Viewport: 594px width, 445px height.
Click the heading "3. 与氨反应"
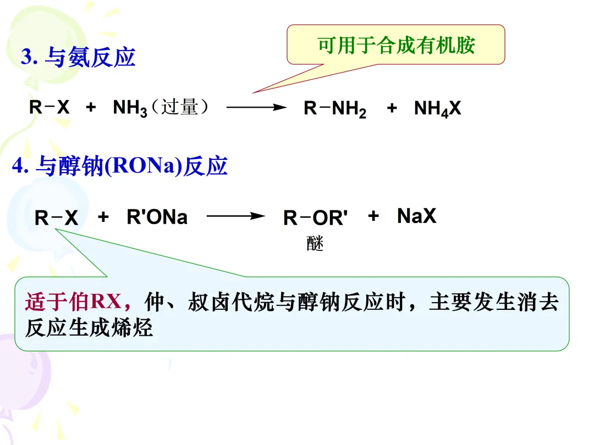(x=78, y=57)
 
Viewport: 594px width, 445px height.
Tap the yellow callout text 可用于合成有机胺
(x=396, y=44)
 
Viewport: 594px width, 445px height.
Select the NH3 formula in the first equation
(x=130, y=108)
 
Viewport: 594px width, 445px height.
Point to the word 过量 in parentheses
(x=180, y=107)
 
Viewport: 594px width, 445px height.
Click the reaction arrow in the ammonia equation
(x=256, y=108)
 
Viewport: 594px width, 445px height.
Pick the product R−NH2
(x=334, y=109)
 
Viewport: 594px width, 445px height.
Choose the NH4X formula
(x=437, y=109)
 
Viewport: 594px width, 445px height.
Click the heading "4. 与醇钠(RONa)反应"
(x=120, y=166)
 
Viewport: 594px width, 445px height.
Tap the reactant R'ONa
(x=157, y=218)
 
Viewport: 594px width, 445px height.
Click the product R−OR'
(x=315, y=218)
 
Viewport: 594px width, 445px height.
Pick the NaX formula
(x=416, y=216)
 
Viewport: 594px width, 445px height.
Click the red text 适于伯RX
(x=73, y=302)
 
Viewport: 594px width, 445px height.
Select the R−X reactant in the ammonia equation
(x=50, y=108)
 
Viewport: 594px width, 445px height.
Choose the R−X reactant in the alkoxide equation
(x=56, y=218)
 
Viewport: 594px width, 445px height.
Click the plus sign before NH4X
(x=391, y=108)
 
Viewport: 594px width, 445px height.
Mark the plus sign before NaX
(x=373, y=216)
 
